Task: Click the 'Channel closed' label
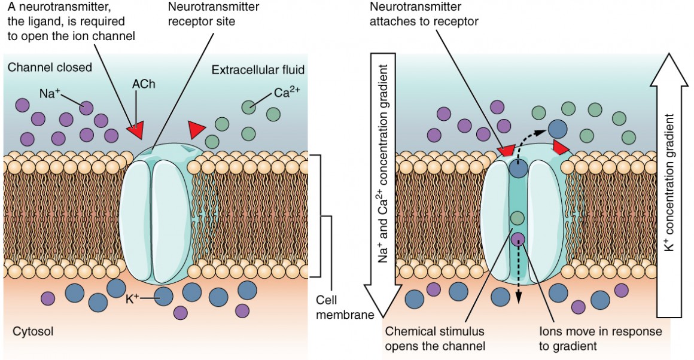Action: tap(50, 67)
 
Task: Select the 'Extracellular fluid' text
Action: tap(258, 70)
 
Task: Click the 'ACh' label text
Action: tap(144, 84)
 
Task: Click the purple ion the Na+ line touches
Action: tap(86, 108)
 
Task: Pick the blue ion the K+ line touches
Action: tap(163, 296)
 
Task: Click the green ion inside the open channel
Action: tap(518, 218)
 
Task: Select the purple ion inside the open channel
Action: tap(518, 240)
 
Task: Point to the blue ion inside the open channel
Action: tap(518, 169)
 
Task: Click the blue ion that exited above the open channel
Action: tap(558, 128)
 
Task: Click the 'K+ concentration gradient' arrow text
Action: tap(669, 182)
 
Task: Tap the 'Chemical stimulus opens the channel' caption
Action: tap(434, 338)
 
